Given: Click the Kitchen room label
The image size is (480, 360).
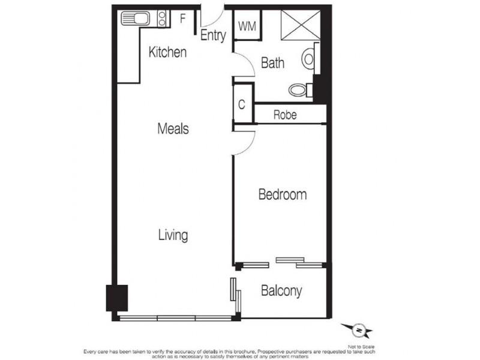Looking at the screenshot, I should tap(167, 52).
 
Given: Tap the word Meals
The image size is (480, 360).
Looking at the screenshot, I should tap(173, 128).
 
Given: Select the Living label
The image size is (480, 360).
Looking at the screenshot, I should tap(173, 235).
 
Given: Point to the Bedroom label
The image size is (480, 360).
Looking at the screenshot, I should tap(282, 194).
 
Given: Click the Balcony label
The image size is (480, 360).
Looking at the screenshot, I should tap(281, 292).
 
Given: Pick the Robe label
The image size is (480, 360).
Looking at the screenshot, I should tap(285, 115).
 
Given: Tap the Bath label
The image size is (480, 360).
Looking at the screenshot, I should tap(272, 62).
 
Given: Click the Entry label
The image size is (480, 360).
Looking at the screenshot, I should tap(213, 35).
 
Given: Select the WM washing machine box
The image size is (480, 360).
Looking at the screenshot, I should tap(247, 26).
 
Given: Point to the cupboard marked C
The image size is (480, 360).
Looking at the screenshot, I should tap(242, 104).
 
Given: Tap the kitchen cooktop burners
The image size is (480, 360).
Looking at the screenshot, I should tap(161, 19).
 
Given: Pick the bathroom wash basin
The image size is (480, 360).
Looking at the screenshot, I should tap(309, 58).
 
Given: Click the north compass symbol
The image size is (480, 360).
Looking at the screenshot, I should tap(358, 329).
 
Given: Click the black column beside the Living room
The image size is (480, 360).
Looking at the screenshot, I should tap(117, 297).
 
